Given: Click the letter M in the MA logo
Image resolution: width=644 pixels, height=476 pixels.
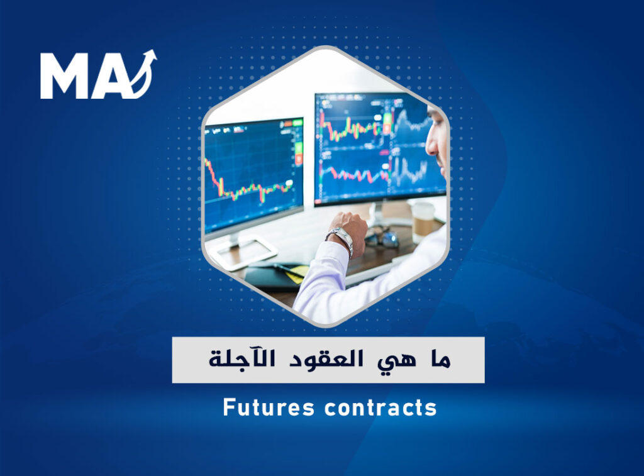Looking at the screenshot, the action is [x=65, y=76].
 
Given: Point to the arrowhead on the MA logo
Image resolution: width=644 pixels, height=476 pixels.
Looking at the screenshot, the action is [x=150, y=56].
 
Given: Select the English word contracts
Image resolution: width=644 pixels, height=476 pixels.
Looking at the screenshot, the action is [x=380, y=408].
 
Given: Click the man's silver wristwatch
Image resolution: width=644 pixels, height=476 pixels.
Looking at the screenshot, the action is [x=340, y=240].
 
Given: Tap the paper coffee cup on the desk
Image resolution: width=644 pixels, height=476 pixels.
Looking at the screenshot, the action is [x=423, y=221].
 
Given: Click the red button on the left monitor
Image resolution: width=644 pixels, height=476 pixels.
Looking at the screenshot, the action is [x=299, y=158].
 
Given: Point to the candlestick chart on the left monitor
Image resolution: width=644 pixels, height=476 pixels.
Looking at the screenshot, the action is [x=249, y=182].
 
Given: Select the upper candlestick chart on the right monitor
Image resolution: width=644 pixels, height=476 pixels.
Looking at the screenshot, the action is [x=353, y=127].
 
